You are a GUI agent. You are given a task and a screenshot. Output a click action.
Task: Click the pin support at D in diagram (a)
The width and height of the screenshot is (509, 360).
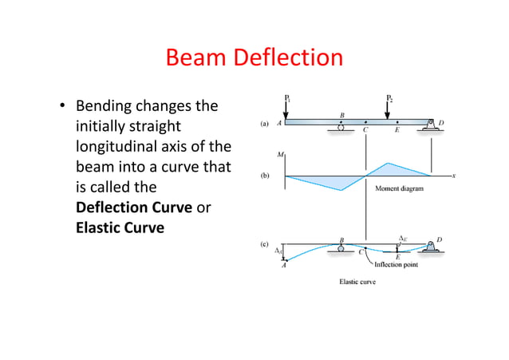pos(431,125)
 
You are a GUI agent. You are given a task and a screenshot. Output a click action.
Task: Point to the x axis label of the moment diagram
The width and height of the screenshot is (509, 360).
pos(453,176)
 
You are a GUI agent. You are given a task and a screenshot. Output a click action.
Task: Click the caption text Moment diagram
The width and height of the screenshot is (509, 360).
pos(399,189)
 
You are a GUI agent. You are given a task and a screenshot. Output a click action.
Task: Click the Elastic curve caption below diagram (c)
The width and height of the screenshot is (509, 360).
pos(358,282)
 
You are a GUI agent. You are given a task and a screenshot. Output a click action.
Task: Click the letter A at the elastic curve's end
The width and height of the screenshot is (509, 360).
pos(284,265)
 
